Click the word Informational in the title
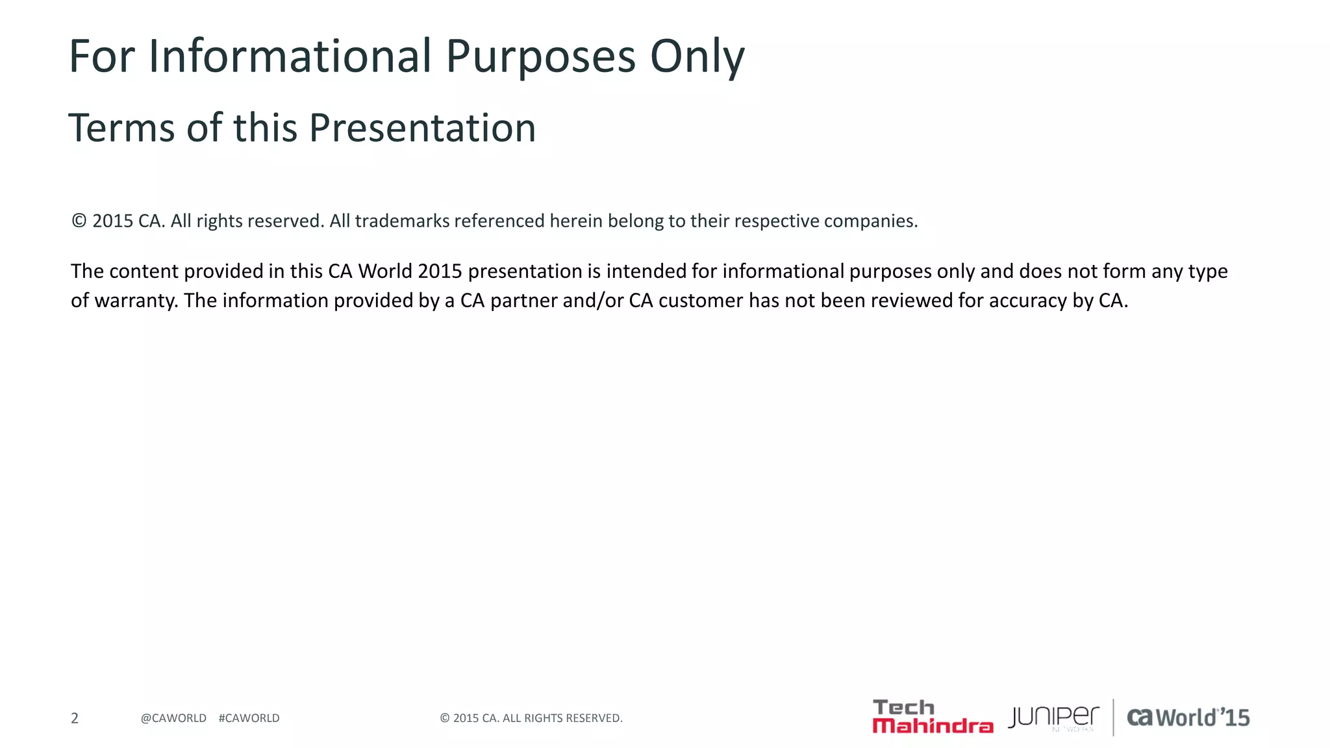pos(290,56)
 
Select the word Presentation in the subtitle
pos(422,128)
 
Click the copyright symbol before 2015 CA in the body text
pos(79,221)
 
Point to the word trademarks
pos(402,221)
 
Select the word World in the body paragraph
pos(385,271)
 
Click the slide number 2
pos(75,718)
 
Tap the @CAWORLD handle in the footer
pos(173,718)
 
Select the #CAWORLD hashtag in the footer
pos(249,718)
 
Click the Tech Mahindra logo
pos(933,717)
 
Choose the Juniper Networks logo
pos(1053,717)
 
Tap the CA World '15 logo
pos(1188,717)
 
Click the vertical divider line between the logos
pos(1114,717)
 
